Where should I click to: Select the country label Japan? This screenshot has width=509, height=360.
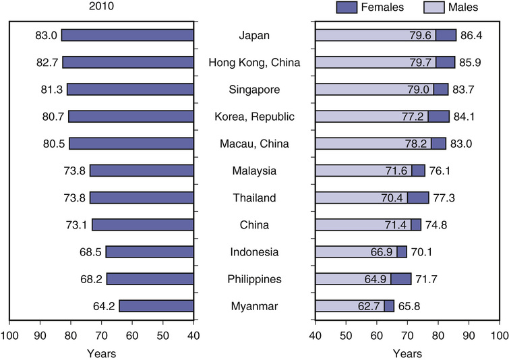(254, 35)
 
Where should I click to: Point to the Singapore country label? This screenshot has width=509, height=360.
(254, 89)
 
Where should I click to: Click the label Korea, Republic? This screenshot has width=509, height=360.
(254, 117)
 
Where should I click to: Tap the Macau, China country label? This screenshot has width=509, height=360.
(254, 144)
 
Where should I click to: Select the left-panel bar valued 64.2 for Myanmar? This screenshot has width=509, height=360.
(156, 306)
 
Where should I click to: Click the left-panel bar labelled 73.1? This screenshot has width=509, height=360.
(143, 224)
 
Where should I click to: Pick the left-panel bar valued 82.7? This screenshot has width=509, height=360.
(128, 62)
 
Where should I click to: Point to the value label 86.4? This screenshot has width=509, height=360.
(470, 35)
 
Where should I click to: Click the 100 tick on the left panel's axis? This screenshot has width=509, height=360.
(9, 336)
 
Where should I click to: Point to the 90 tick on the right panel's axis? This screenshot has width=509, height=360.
(469, 336)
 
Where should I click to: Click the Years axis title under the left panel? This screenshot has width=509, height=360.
(102, 352)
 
